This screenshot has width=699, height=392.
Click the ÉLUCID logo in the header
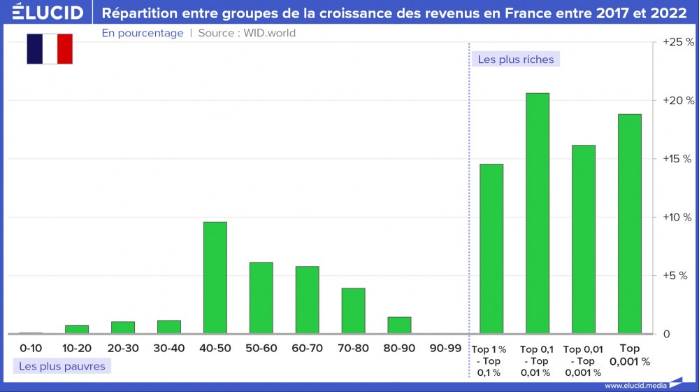tap(48, 13)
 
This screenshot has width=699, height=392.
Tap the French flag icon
tap(50, 49)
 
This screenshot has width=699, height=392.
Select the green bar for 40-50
tap(215, 278)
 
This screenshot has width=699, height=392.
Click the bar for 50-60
tap(261, 298)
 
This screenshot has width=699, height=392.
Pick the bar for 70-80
tap(353, 311)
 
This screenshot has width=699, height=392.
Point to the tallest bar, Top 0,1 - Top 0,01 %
tap(538, 213)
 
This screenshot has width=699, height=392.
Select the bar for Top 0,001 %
tap(630, 224)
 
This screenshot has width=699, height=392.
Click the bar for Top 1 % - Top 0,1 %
tap(491, 249)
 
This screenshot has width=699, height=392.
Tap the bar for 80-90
tap(399, 325)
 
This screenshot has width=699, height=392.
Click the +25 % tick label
tap(678, 43)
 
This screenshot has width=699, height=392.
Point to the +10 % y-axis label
tap(677, 218)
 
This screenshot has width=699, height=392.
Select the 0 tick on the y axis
tap(667, 334)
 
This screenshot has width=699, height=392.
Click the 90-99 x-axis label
tap(445, 348)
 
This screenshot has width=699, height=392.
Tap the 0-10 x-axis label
tap(31, 348)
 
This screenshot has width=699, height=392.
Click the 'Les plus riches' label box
tap(516, 59)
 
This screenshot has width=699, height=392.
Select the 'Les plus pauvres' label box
tap(62, 366)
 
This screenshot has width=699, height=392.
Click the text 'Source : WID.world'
tap(247, 33)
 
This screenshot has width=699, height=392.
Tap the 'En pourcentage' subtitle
tap(143, 33)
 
